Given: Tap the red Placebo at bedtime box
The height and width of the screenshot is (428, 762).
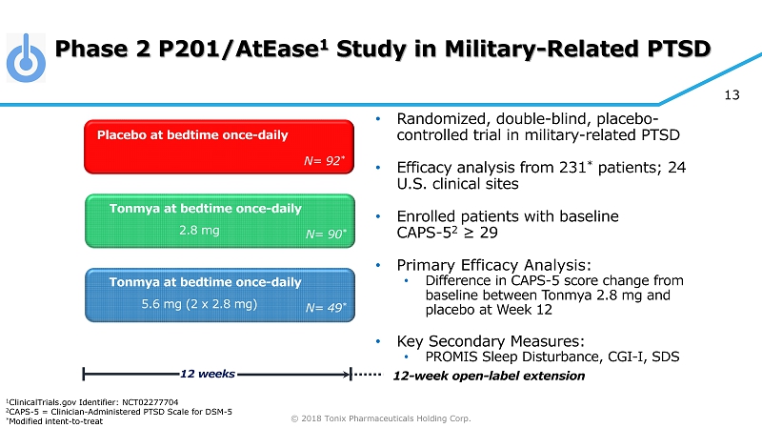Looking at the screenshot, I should (x=220, y=147).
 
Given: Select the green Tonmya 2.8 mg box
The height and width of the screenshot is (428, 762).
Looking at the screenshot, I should (x=220, y=219).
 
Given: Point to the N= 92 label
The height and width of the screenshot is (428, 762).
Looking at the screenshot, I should (x=324, y=161).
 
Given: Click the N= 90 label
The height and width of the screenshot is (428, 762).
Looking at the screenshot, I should (x=325, y=234).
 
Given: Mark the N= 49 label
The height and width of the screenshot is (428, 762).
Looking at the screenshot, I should (x=325, y=308).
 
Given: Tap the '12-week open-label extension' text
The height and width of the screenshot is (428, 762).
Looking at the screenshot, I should (x=490, y=376).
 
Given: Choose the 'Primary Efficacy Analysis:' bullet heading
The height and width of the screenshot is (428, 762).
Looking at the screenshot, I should (x=493, y=264).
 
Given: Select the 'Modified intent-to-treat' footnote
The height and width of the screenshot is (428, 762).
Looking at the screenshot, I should (x=48, y=421).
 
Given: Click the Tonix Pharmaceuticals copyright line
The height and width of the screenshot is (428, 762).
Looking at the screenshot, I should (x=381, y=418).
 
